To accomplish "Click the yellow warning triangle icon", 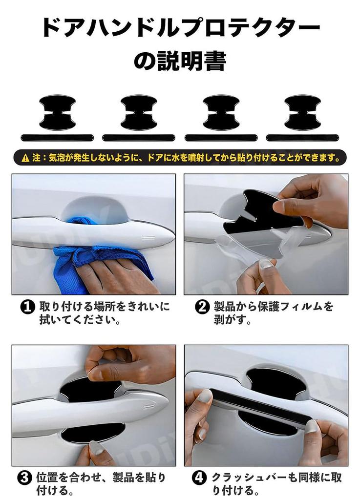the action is [x=25, y=158].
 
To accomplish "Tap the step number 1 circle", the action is [x=27, y=308].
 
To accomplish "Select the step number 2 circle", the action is [x=202, y=308].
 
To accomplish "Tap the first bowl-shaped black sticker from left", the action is [x=58, y=112].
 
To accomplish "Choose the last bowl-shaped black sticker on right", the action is [x=302, y=112].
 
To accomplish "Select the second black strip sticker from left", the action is [x=139, y=138].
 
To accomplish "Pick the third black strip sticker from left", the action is [x=221, y=138].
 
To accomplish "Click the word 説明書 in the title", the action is [x=191, y=61].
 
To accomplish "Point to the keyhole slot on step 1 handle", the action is [x=148, y=238].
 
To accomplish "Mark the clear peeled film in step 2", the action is [x=249, y=247].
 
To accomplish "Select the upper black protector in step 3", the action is [x=91, y=387].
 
